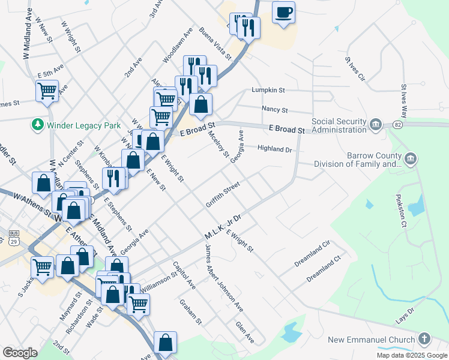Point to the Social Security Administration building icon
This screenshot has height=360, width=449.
tap(376, 124)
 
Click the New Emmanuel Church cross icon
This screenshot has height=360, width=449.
tap(425, 340)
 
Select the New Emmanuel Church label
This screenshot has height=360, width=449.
tap(372, 340)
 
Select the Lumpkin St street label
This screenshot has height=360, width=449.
tap(268, 90)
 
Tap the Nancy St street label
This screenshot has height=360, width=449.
tap(275, 110)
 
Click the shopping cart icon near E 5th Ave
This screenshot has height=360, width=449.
tap(47, 92)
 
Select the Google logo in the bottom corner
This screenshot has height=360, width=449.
tap(20, 352)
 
